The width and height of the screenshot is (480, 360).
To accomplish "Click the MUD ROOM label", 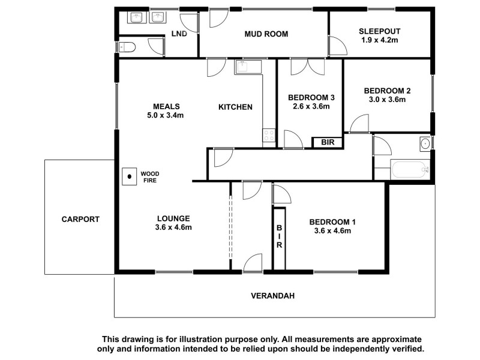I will pyautogui.click(x=266, y=34).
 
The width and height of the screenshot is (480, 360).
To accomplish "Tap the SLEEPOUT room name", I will pyautogui.click(x=380, y=31).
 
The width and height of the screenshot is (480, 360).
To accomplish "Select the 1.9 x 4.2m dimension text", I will pyautogui.click(x=380, y=40).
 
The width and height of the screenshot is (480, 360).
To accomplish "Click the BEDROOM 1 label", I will pyautogui.click(x=331, y=221).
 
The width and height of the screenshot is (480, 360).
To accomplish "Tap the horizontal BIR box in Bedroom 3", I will pyautogui.click(x=327, y=142).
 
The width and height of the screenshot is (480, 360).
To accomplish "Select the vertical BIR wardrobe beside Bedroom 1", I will pyautogui.click(x=279, y=238).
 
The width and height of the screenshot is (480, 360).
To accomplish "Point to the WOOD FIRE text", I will pyautogui.click(x=149, y=176).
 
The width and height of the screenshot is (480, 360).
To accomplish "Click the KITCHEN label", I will pyautogui.click(x=235, y=107).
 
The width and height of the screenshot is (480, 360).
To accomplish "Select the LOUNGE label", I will pyautogui.click(x=174, y=218).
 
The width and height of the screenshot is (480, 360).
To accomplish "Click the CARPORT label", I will pyautogui.click(x=80, y=219).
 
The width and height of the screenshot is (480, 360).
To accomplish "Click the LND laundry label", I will pyautogui.click(x=179, y=34).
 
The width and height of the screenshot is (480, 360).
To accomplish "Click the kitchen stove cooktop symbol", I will pyautogui.click(x=269, y=136).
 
